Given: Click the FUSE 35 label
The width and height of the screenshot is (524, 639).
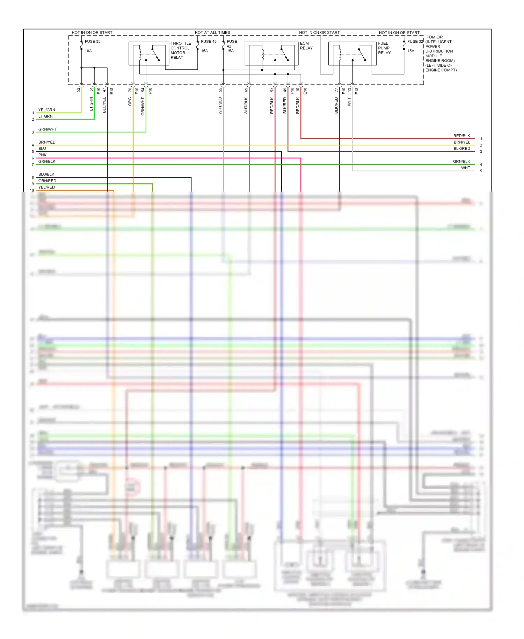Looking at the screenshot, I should (93, 41).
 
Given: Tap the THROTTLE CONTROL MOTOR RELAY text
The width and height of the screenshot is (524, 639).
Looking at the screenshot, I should (181, 50).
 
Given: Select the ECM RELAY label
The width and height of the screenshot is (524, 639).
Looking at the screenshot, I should (306, 46).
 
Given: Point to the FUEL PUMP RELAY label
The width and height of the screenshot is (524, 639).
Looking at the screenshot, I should (384, 48).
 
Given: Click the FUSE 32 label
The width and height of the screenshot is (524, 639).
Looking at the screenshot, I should (415, 41).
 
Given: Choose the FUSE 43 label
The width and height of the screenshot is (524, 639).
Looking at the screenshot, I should (209, 41).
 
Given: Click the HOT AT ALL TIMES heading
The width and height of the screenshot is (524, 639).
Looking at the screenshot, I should (212, 33).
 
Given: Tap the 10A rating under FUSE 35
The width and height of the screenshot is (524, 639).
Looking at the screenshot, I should (88, 51).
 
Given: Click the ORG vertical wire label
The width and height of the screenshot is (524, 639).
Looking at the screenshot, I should (130, 102).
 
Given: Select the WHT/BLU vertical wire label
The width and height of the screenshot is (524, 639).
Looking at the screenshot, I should (220, 106).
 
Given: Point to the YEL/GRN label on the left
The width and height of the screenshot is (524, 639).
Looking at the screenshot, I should (47, 110).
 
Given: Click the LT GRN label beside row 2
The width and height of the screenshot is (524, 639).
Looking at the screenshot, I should (45, 116).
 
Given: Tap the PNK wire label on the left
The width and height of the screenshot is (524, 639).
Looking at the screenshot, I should (42, 155).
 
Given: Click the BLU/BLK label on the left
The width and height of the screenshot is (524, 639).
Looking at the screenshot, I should (46, 174).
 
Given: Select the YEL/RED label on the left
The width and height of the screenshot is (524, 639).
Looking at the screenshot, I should (46, 187).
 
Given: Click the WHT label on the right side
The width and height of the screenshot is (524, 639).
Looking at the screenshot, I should (465, 168).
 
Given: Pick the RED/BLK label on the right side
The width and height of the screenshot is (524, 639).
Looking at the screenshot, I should (461, 136).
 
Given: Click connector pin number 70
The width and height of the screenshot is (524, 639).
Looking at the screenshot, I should (130, 90).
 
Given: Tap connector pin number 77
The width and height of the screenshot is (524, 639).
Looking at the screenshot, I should (336, 90).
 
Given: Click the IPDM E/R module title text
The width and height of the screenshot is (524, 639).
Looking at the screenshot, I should (434, 37).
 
